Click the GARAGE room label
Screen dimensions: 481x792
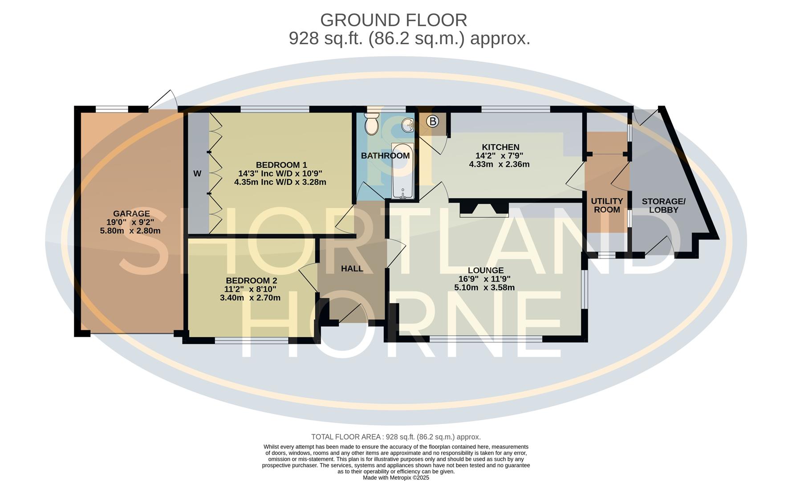(131, 213)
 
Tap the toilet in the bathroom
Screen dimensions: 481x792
(371, 123)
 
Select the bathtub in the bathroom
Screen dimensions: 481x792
(402, 171)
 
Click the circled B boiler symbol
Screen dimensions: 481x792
(432, 121)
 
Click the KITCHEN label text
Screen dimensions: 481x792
(500, 147)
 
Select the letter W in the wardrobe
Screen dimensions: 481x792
(197, 174)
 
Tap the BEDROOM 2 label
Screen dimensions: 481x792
(251, 281)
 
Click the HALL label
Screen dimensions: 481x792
(352, 269)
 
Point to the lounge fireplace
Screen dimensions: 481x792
(484, 209)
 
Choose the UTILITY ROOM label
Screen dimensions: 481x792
(606, 205)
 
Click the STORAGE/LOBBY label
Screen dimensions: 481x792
(663, 205)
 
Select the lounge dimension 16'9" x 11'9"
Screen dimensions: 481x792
(484, 279)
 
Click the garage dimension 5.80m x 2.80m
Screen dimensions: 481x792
(130, 231)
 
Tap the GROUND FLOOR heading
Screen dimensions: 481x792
(394, 20)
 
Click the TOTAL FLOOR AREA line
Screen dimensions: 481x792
(396, 437)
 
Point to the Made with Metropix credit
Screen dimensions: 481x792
(396, 477)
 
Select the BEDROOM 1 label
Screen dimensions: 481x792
(281, 165)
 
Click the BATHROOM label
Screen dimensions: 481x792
(385, 155)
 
